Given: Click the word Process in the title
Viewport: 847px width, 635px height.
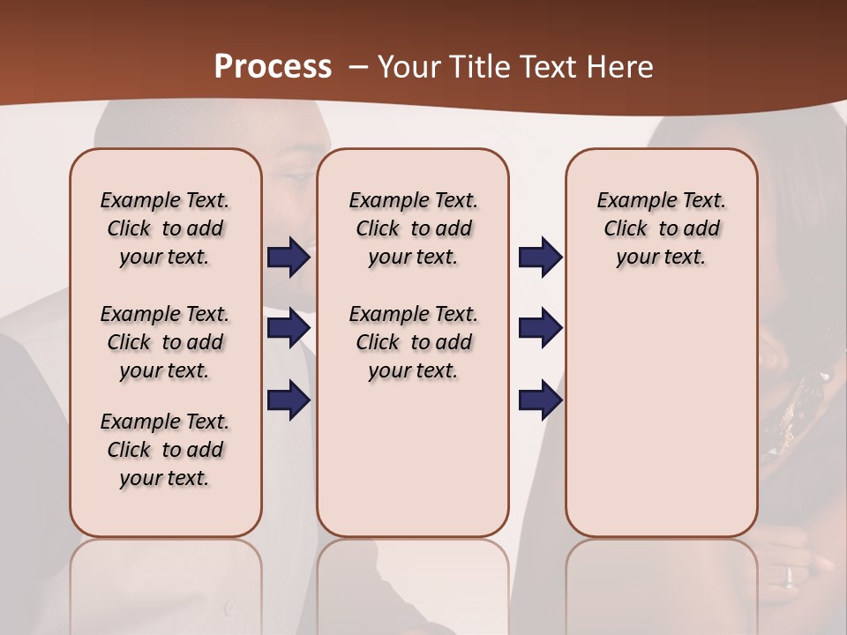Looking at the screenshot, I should pyautogui.click(x=273, y=67).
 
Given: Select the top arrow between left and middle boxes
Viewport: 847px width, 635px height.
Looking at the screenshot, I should pyautogui.click(x=289, y=257).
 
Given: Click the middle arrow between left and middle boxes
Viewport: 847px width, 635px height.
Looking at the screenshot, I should pyautogui.click(x=289, y=328).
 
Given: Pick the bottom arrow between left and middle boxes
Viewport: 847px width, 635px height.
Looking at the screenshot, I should pyautogui.click(x=289, y=400).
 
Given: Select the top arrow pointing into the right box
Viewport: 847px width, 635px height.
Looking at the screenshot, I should pyautogui.click(x=540, y=257).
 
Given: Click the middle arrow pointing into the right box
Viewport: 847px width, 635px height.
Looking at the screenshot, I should pyautogui.click(x=540, y=328).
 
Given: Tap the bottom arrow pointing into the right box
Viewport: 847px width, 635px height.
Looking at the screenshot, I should pyautogui.click(x=540, y=400).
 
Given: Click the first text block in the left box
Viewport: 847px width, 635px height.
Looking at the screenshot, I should pyautogui.click(x=165, y=228).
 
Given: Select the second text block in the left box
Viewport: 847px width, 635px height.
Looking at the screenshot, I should pyautogui.click(x=165, y=342).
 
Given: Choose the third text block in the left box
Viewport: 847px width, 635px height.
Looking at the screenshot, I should pyautogui.click(x=165, y=450).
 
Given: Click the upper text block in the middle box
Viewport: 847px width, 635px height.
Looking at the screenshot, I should pyautogui.click(x=413, y=228).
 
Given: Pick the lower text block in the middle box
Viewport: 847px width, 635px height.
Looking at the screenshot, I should pyautogui.click(x=413, y=342).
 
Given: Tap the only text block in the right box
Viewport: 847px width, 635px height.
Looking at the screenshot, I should pyautogui.click(x=662, y=228).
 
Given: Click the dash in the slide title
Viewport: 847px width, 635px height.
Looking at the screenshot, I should pyautogui.click(x=358, y=67).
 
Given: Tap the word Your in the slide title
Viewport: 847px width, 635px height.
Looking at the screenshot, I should pyautogui.click(x=401, y=67).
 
